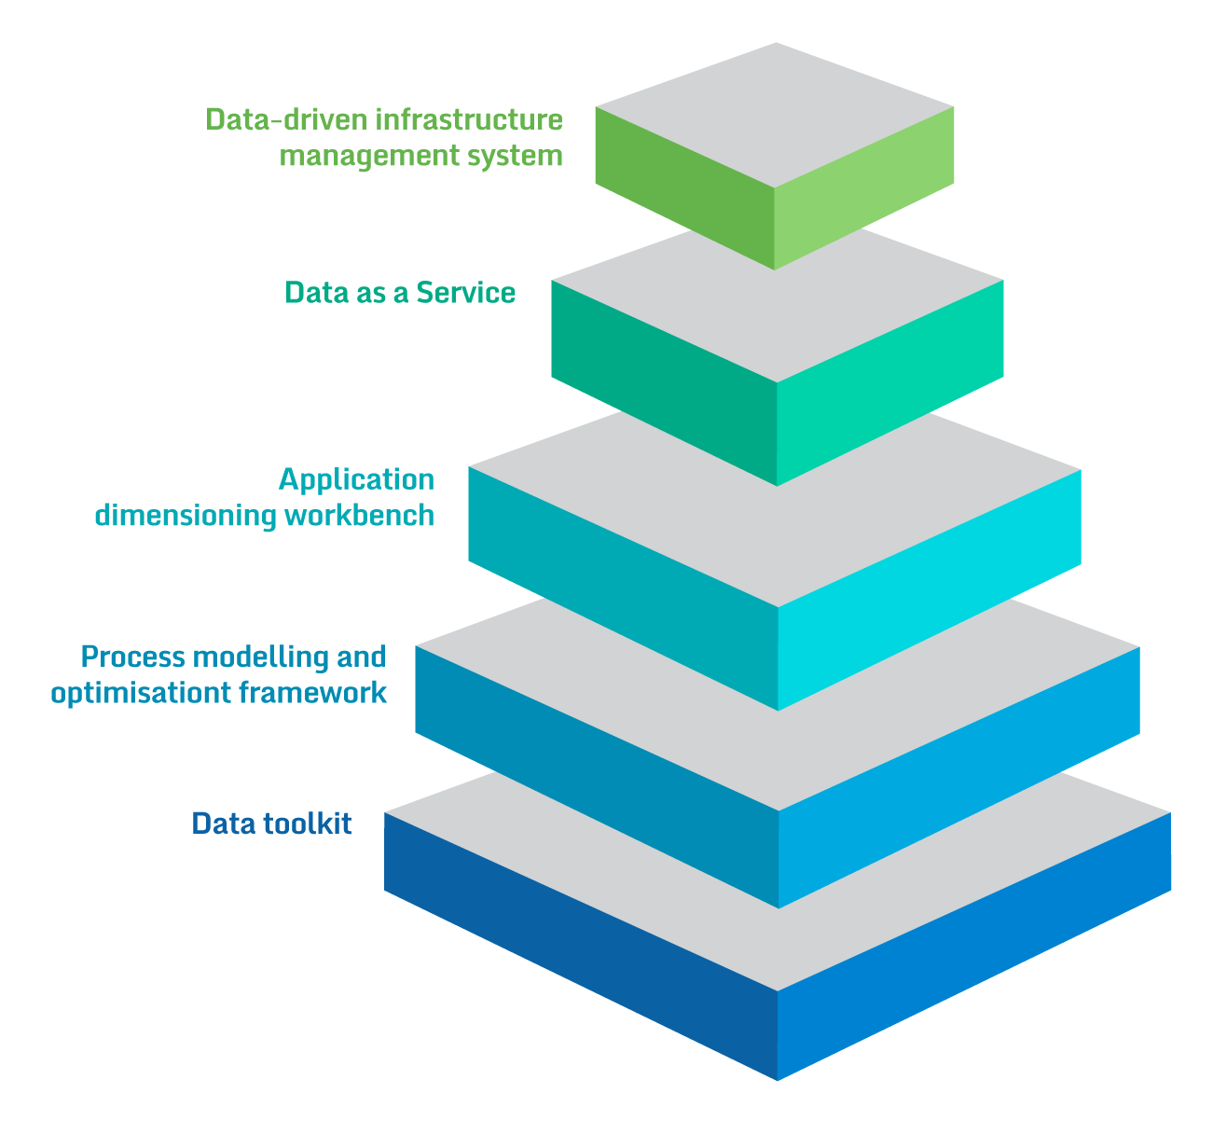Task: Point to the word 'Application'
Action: [x=356, y=479]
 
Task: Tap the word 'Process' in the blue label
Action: [x=132, y=657]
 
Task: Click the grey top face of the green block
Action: [x=775, y=114]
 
